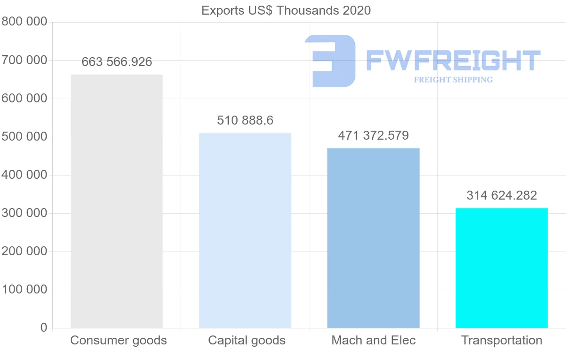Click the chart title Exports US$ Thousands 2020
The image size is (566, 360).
(x=286, y=10)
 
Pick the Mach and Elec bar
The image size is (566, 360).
(x=373, y=238)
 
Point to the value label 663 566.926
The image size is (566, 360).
(x=117, y=62)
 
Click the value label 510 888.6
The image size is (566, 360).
(x=245, y=120)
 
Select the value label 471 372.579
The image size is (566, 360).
(x=373, y=135)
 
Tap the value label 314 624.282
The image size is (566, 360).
(x=501, y=195)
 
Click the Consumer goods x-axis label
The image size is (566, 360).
(x=118, y=340)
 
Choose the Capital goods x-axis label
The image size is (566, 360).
(x=247, y=340)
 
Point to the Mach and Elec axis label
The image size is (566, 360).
(x=374, y=340)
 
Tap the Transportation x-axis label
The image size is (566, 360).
(x=501, y=340)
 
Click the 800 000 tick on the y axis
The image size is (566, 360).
(x=24, y=22)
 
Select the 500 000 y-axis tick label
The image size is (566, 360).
(x=24, y=137)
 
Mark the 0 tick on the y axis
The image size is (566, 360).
(x=44, y=327)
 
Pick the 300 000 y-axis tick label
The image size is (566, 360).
(x=24, y=213)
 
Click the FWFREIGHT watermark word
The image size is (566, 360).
(x=453, y=60)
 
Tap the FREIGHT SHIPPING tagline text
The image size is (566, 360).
(x=453, y=80)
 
